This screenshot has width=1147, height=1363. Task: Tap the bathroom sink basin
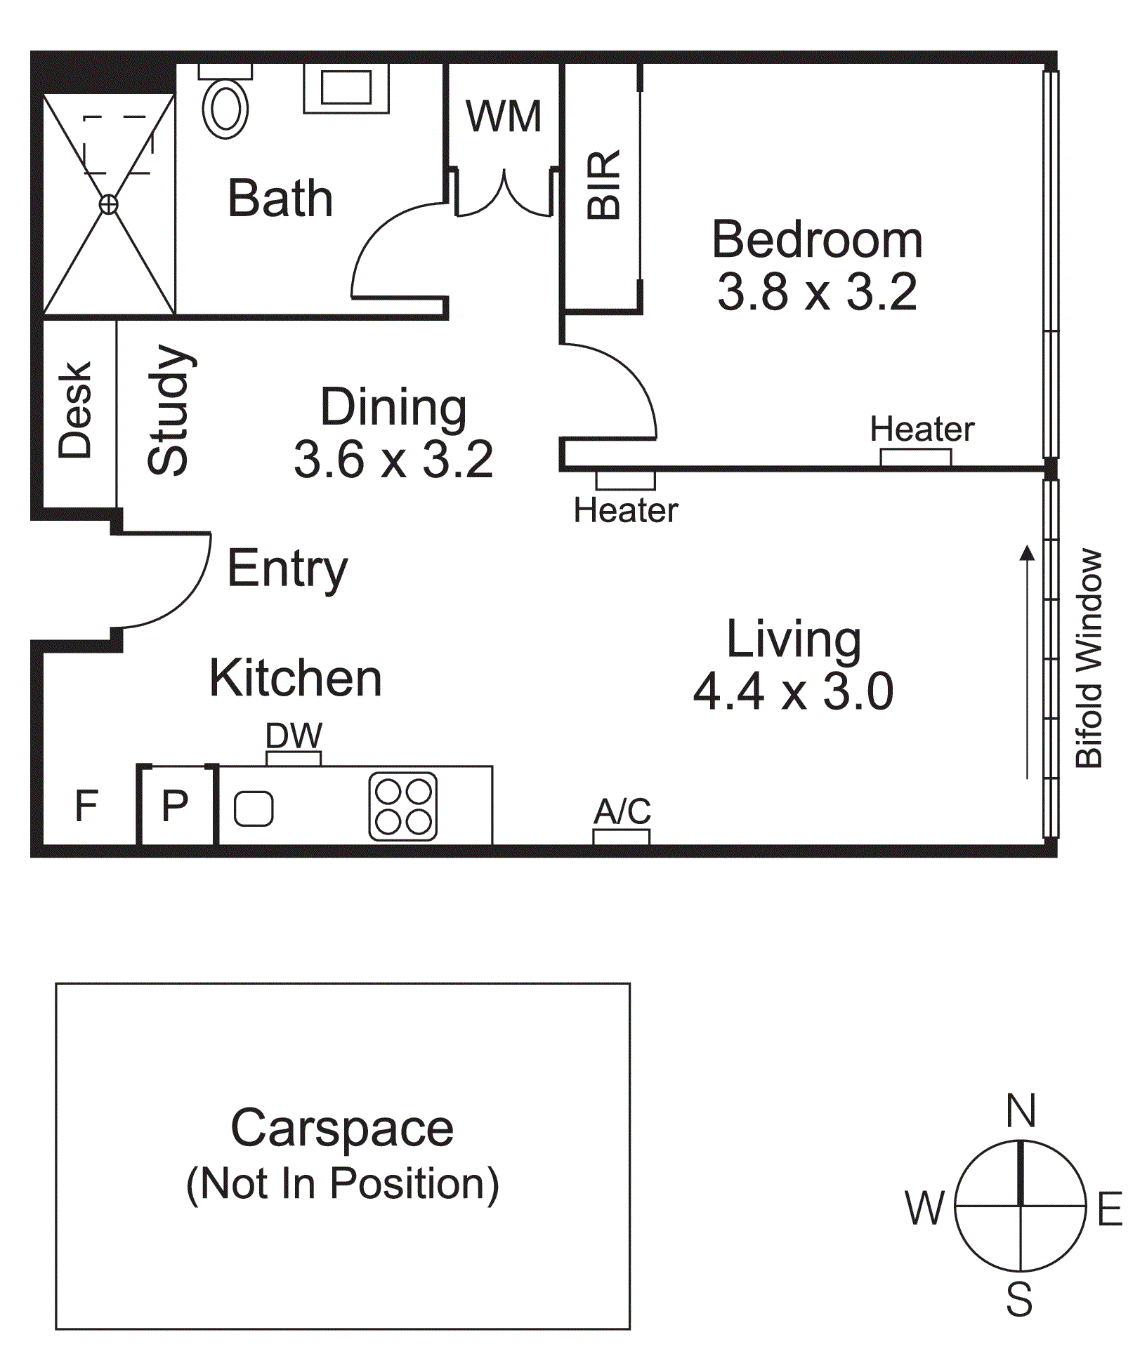click(346, 88)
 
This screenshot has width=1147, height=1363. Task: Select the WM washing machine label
click(504, 116)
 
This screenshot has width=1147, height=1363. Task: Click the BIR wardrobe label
click(604, 185)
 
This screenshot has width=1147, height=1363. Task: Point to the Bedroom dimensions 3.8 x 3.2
click(817, 291)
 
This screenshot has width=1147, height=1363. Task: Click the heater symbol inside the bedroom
click(916, 458)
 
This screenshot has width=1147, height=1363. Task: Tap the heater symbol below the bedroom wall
click(626, 481)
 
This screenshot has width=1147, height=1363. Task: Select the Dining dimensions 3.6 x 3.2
click(393, 459)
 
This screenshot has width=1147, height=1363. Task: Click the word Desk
click(75, 411)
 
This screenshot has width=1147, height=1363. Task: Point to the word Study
click(169, 410)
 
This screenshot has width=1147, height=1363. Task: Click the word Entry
click(288, 569)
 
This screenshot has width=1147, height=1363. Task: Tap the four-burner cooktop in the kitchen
click(403, 807)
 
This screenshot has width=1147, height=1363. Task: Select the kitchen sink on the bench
click(254, 809)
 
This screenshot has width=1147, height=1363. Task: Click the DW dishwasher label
click(294, 736)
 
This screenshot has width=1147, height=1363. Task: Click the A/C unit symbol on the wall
click(622, 837)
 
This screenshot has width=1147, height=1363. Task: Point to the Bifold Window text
click(1089, 658)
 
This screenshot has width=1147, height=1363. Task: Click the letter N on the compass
click(1021, 1111)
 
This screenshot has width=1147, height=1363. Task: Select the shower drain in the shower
click(108, 204)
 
